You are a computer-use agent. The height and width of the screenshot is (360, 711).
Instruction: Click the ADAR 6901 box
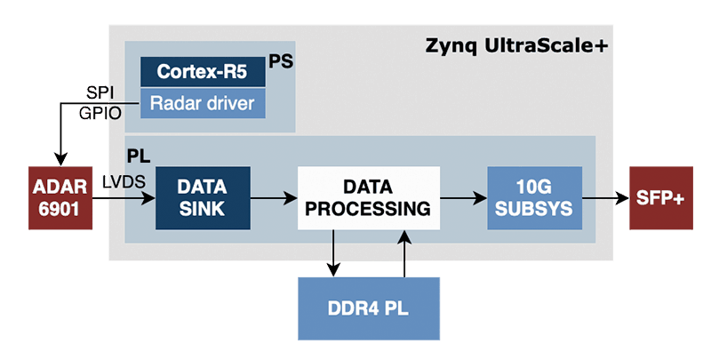click(60, 198)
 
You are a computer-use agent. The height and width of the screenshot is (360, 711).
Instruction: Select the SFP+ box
click(660, 198)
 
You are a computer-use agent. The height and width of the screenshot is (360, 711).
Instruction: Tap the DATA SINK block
click(203, 198)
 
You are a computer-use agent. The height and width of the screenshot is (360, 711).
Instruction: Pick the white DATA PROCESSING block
click(369, 198)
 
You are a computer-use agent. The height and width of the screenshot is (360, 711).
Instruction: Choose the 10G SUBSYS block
click(535, 198)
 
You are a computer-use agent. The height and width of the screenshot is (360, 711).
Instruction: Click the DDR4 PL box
click(369, 308)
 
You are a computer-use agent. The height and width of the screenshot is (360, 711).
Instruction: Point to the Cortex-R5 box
click(203, 72)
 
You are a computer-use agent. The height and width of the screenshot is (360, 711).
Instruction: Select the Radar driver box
click(203, 103)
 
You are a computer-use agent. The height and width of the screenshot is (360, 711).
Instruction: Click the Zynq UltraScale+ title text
click(516, 47)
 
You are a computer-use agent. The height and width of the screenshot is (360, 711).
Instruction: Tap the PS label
click(281, 61)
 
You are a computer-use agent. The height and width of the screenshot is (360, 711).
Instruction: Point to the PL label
click(139, 156)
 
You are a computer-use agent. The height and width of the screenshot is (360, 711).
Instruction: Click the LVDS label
click(124, 182)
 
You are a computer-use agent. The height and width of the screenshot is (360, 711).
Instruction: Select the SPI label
click(100, 93)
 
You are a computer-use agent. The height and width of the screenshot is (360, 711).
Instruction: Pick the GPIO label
click(100, 113)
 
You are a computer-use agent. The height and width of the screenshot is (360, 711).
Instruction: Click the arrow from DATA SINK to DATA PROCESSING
click(274, 198)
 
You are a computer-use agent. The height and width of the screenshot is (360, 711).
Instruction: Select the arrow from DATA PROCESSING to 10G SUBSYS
click(463, 198)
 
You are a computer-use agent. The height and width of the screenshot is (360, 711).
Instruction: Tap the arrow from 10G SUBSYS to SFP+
click(606, 198)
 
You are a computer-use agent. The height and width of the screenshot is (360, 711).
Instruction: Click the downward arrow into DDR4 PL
click(333, 253)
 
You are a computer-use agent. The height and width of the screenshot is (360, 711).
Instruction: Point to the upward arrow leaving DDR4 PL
click(404, 253)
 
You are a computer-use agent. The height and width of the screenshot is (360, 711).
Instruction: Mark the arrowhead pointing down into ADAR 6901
click(60, 160)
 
